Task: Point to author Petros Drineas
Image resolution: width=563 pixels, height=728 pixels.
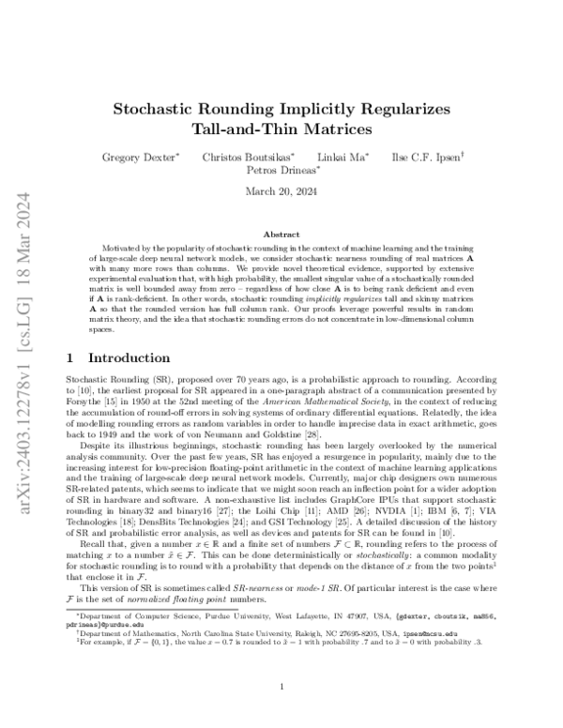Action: click(284, 170)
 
